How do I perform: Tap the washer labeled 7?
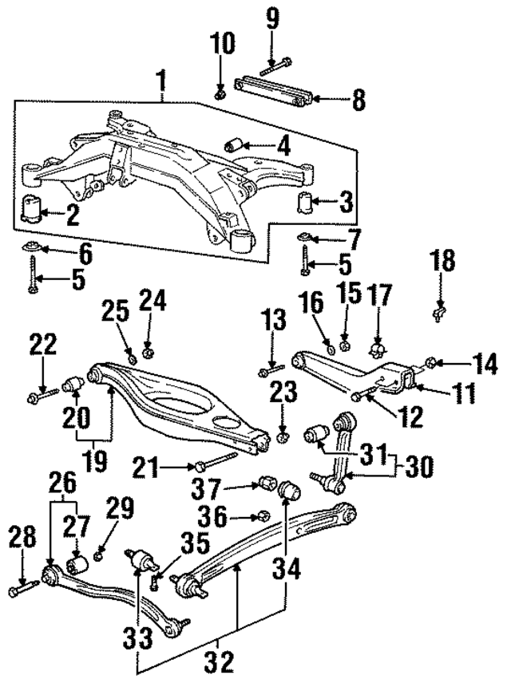tap(306, 237)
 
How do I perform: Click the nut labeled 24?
tap(148, 351)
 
